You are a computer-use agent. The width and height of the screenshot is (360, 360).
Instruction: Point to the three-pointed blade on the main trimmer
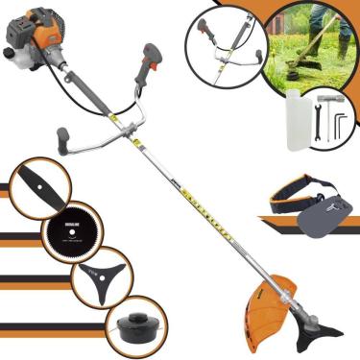[317, 334]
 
